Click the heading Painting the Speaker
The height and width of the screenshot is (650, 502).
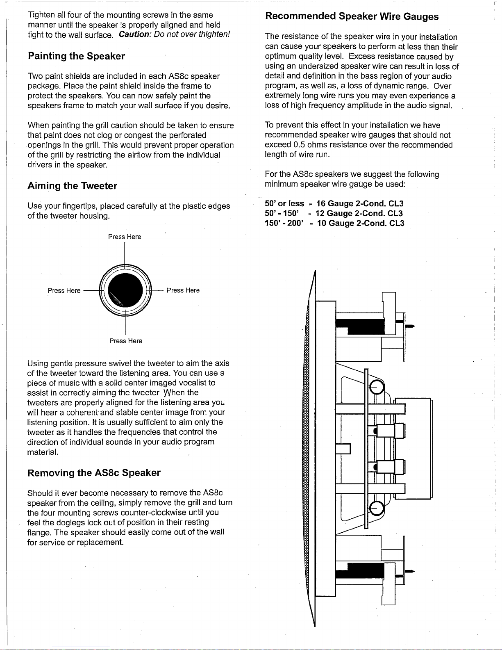coord(76,56)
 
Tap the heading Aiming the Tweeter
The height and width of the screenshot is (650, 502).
coord(72,186)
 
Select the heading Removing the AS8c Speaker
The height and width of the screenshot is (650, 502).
coord(94,473)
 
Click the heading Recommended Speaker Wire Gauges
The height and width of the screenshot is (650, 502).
coord(352,16)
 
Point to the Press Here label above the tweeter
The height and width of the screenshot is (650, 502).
coord(125,237)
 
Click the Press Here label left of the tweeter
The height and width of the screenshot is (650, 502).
coord(64,291)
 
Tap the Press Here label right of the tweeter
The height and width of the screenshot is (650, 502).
coord(183,290)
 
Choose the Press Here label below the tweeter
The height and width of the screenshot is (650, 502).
coord(126,341)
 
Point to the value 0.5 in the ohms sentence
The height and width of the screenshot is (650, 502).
coord(299,145)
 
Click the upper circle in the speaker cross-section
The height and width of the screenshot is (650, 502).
coord(377,387)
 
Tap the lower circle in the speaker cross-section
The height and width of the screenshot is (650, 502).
coord(377,509)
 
